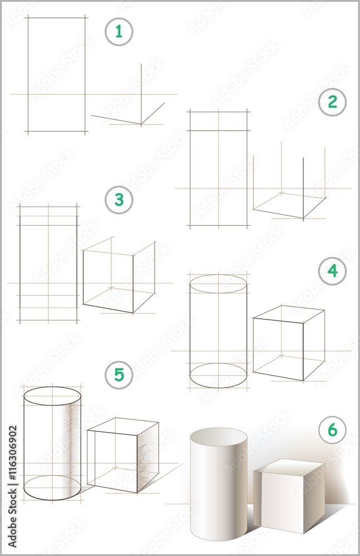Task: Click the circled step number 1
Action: click(119, 32)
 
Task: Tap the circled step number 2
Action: click(332, 102)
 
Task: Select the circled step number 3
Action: click(119, 200)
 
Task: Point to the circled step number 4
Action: click(332, 271)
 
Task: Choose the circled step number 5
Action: click(119, 375)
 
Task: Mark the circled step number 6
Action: click(332, 430)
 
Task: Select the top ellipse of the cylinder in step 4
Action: click(218, 284)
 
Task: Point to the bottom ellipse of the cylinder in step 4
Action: click(218, 375)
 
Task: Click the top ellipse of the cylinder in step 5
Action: click(52, 396)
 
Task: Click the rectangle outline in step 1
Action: click(56, 75)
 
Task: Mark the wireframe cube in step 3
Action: click(119, 275)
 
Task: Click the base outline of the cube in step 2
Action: click(289, 205)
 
